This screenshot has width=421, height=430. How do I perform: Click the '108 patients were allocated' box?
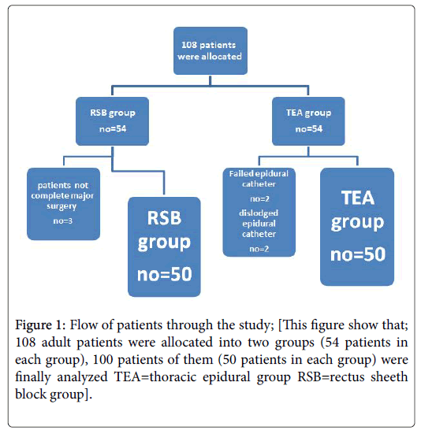[x=210, y=50]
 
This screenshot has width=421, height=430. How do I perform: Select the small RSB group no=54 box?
[x=112, y=121]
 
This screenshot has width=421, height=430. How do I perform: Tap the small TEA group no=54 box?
[x=308, y=121]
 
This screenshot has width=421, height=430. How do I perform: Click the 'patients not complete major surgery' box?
[x=63, y=204]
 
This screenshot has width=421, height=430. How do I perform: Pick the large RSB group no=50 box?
[x=164, y=247]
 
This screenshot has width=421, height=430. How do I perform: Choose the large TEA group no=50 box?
[x=357, y=227]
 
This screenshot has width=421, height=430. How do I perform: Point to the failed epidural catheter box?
[x=259, y=213]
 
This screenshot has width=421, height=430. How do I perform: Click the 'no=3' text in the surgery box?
[x=63, y=221]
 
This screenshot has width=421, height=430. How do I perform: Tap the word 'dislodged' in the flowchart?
[x=259, y=213]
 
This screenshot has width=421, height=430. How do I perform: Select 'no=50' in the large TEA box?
[x=358, y=254]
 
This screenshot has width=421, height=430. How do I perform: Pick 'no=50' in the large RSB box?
[x=165, y=274]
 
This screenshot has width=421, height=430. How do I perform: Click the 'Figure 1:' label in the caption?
[x=40, y=325]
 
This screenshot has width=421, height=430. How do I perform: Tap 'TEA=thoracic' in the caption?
[x=155, y=376]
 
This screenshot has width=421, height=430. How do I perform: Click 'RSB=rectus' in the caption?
[x=331, y=376]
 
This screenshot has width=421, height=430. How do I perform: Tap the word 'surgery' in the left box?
[x=61, y=206]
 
